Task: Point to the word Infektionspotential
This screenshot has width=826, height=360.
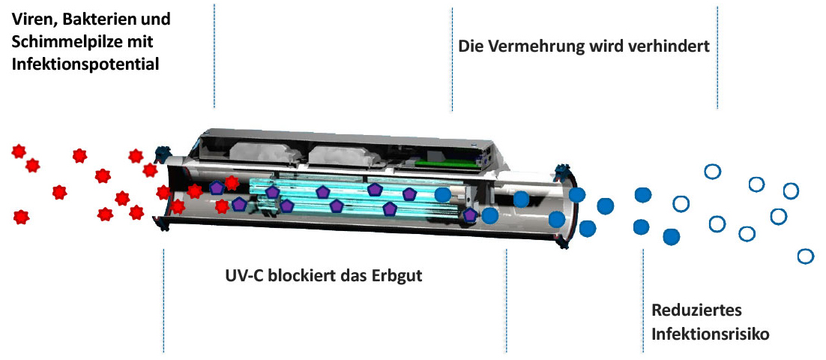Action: [x=85, y=64]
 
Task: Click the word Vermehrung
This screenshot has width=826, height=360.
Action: [x=535, y=46]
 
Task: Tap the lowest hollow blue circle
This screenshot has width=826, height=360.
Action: [x=806, y=256]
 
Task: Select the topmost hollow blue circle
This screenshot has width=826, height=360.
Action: [x=712, y=172]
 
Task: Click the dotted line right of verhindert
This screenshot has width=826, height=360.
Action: [x=717, y=56]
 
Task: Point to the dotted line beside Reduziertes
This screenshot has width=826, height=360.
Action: [x=643, y=300]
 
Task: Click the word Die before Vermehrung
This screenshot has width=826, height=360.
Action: [x=470, y=46]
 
